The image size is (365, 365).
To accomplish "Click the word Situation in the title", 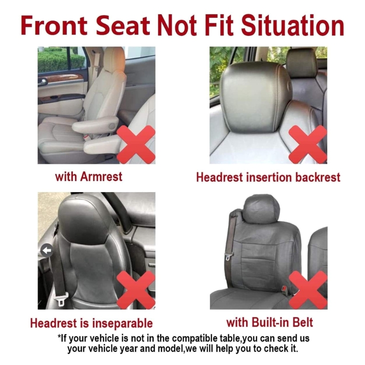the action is point(292,26).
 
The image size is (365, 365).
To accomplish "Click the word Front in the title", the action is point(54,26).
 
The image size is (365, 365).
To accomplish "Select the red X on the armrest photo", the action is point(136,144).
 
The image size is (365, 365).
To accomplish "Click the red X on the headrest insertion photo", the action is point(308,144).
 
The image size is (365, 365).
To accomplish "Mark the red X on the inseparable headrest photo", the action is point(136,290).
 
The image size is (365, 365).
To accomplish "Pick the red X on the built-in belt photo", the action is point(308,290).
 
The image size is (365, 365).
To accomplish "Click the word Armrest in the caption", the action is point(101,177).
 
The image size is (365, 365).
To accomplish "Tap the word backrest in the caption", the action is point(318,177).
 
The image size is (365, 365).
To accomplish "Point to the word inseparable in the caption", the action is point(122,323).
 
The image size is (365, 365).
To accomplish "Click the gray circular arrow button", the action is point(47,250).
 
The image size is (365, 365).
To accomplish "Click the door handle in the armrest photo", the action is point(43,82).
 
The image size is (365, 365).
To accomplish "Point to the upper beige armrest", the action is point(95,125).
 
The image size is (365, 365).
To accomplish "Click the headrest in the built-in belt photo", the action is point(261,209).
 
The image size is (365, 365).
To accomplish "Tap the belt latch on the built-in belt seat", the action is point(229,257).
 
